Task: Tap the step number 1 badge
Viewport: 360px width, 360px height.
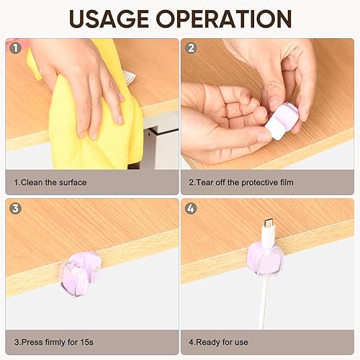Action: (14, 49)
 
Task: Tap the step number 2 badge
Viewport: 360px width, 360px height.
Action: (191, 49)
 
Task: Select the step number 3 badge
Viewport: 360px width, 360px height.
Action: (14, 209)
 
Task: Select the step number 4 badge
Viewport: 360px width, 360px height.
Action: (191, 209)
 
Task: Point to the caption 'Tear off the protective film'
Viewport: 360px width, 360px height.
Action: (243, 182)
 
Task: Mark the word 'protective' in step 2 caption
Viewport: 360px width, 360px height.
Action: (248, 182)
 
